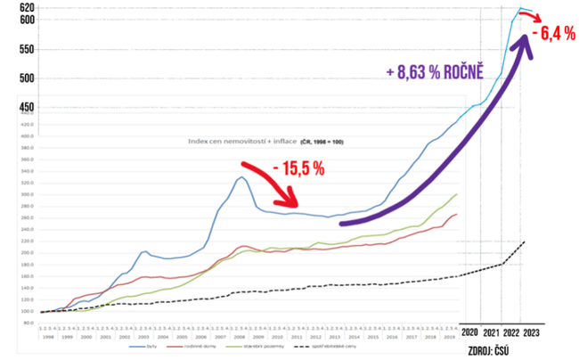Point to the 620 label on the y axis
[27, 8]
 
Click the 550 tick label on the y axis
[27, 50]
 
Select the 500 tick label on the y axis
[27, 78]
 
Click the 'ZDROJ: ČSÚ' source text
[491, 345]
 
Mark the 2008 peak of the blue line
[241, 176]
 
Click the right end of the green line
[458, 194]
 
